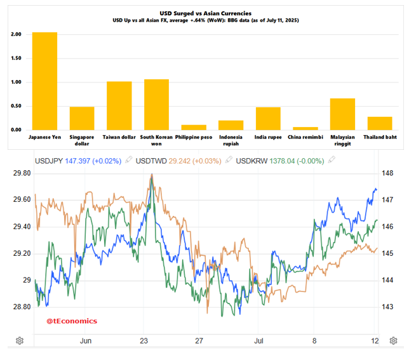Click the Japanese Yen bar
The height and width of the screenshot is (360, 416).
point(44,81)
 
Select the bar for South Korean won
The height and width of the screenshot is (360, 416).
point(156,104)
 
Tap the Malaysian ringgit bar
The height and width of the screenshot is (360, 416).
point(342,114)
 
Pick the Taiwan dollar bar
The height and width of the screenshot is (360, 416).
point(119,105)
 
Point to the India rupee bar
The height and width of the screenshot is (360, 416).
point(268,118)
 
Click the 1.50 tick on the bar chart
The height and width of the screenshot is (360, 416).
point(16,58)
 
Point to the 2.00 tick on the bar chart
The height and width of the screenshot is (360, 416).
point(16,34)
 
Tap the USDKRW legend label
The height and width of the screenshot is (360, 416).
point(252,161)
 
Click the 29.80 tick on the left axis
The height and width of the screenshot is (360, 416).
point(23,173)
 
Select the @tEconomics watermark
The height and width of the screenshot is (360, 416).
point(72,321)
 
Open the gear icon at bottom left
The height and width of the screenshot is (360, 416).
point(20,340)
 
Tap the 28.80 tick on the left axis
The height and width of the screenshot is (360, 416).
point(23,307)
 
